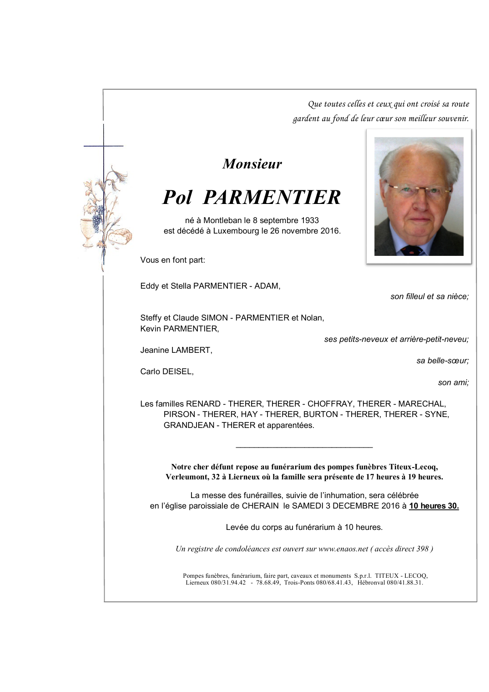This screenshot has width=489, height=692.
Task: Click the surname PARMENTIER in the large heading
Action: (x=272, y=198)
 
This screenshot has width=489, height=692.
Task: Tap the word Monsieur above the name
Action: (x=252, y=164)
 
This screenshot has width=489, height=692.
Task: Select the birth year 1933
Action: (x=309, y=220)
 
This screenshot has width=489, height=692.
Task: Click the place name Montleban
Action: (x=222, y=220)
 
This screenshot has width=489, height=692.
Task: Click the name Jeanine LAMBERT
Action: (x=176, y=350)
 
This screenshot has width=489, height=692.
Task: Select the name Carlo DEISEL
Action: (x=166, y=371)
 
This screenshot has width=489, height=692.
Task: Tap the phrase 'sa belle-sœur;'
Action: (x=442, y=361)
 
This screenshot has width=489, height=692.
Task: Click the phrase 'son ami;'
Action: (x=453, y=382)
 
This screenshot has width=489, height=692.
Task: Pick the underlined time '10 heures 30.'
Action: (x=434, y=506)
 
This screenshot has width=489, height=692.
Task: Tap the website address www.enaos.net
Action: (x=343, y=549)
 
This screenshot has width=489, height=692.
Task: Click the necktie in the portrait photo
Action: (x=413, y=250)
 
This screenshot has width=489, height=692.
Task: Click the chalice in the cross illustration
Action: (x=87, y=230)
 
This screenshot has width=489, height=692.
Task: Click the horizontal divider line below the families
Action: (x=304, y=447)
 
